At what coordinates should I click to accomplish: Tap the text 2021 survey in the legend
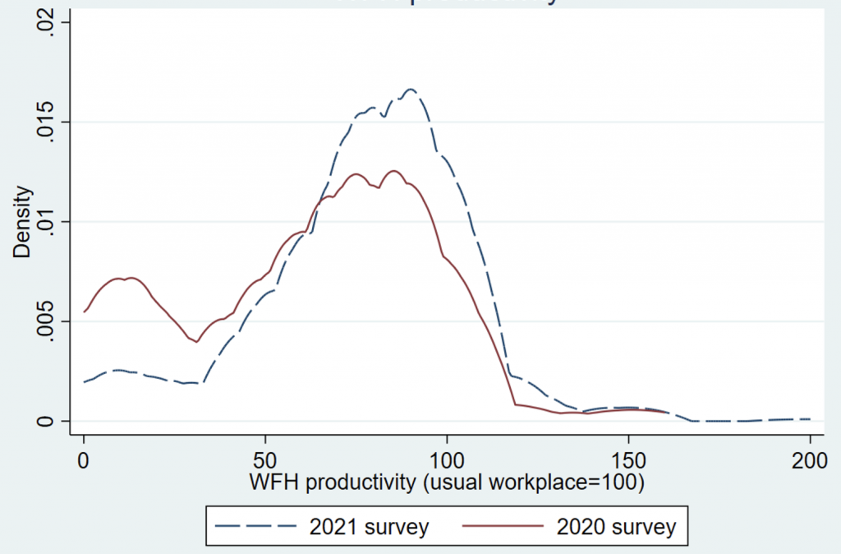pos(369,526)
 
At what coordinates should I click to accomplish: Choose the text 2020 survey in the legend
pos(616,526)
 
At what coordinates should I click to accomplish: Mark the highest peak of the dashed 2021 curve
pos(410,89)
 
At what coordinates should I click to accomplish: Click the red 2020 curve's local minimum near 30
pos(196,342)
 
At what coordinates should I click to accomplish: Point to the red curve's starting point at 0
pos(85,312)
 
